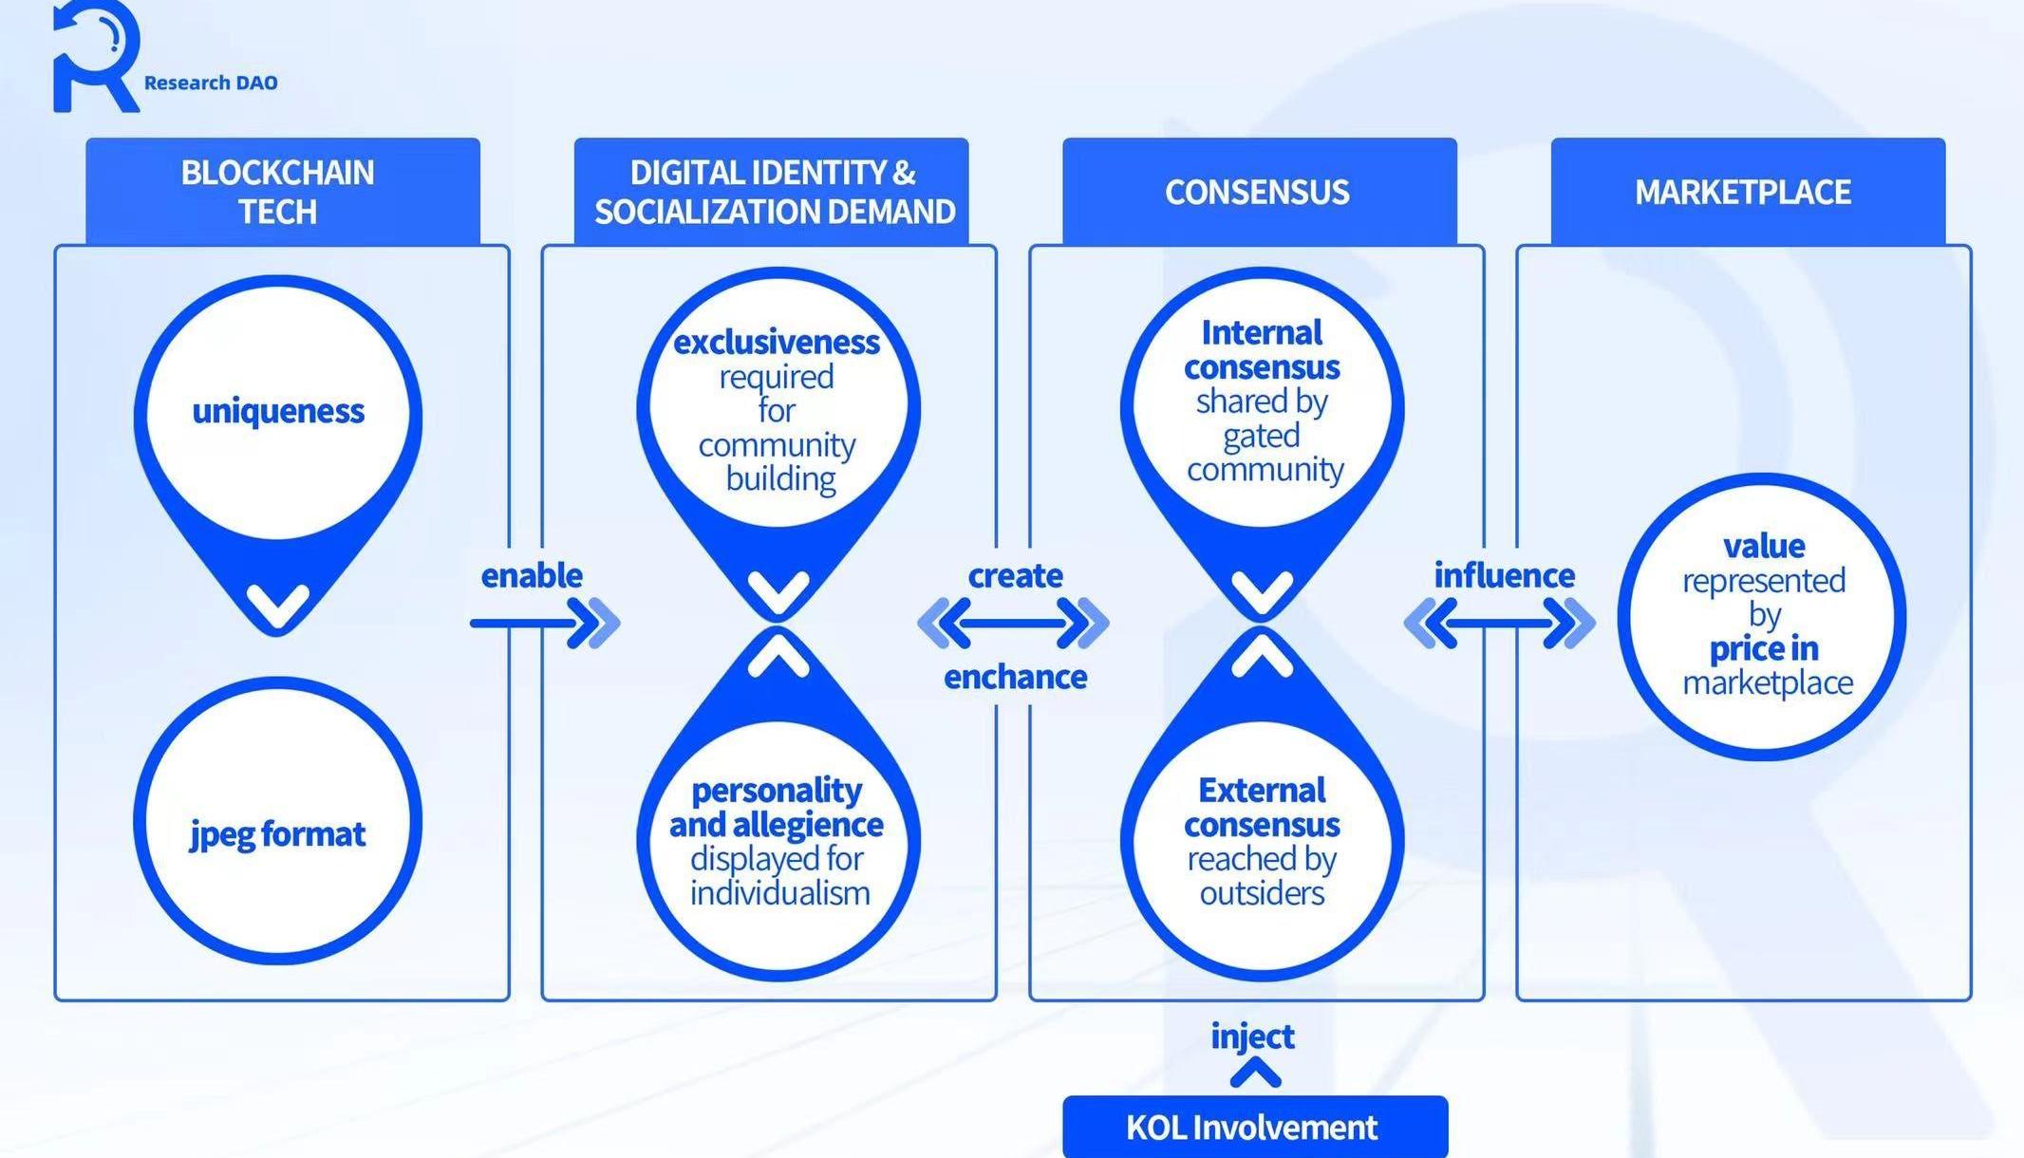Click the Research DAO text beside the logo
210,84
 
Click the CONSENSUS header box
1258,192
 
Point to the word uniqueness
278,411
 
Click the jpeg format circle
278,822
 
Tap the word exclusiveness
776,342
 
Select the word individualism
779,893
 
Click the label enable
532,575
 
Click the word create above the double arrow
1015,575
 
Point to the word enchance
1015,677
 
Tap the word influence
1504,575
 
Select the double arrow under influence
1499,624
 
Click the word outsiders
1262,893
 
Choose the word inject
1252,1036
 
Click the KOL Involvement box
1254,1127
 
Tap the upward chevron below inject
1255,1074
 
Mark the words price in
1764,649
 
